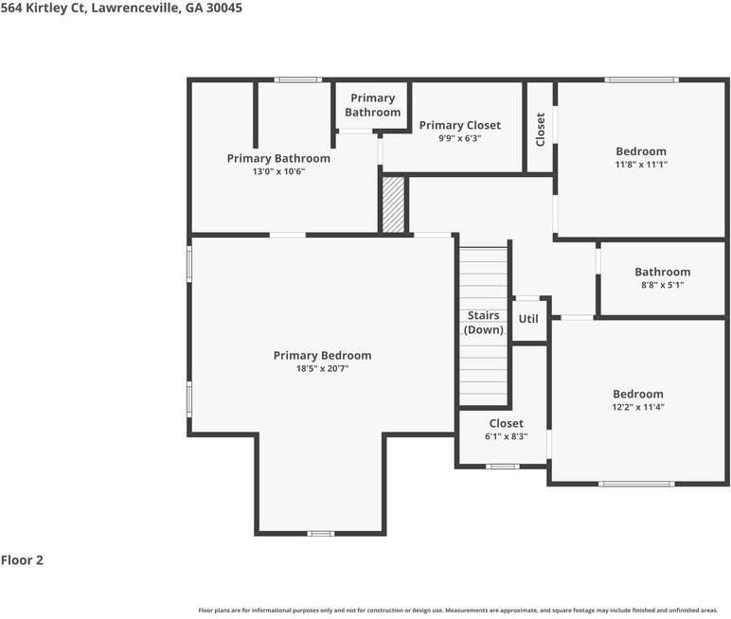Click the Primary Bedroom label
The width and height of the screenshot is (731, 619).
coord(322,356)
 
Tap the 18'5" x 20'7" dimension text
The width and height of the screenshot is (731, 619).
coord(322,369)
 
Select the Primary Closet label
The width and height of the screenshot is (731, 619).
coord(459,125)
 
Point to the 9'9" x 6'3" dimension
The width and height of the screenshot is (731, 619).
coord(459,138)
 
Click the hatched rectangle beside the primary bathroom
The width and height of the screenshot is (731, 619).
coord(394,204)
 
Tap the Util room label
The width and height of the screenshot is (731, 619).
coord(528,319)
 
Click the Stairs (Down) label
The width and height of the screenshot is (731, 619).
coord(484,323)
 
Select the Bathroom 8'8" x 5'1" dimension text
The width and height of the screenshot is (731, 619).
coord(663,285)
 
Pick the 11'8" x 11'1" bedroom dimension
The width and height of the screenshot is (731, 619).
coord(641,165)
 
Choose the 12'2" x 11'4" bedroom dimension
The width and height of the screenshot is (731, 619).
coord(638,407)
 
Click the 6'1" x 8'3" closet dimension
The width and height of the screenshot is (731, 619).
coord(507,436)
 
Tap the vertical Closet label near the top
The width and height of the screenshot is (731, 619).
coord(541,129)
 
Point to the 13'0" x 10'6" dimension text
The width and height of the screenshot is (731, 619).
coord(278,171)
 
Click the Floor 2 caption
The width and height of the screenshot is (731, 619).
coord(22,560)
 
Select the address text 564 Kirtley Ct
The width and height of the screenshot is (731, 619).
coord(44,8)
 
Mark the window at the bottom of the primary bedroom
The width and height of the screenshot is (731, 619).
coord(321,533)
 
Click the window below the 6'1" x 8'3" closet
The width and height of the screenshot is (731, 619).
coord(503,466)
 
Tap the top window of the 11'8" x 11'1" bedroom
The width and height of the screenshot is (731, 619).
coord(641,80)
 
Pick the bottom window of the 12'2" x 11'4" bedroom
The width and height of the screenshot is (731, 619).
coord(636,484)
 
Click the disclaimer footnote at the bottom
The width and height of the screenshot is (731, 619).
coord(458,610)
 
